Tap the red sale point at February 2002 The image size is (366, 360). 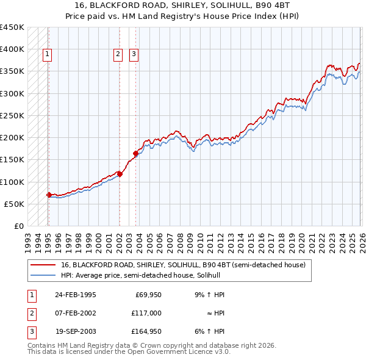[x=120, y=174]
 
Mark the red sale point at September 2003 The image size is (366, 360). [x=135, y=153]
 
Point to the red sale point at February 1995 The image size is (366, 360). [x=49, y=195]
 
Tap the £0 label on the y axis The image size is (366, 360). [x=19, y=226]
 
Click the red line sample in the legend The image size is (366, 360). [x=43, y=265]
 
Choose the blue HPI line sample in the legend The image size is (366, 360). [x=43, y=275]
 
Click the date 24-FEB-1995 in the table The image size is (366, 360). [x=75, y=295]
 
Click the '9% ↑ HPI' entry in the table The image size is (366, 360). [x=209, y=295]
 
